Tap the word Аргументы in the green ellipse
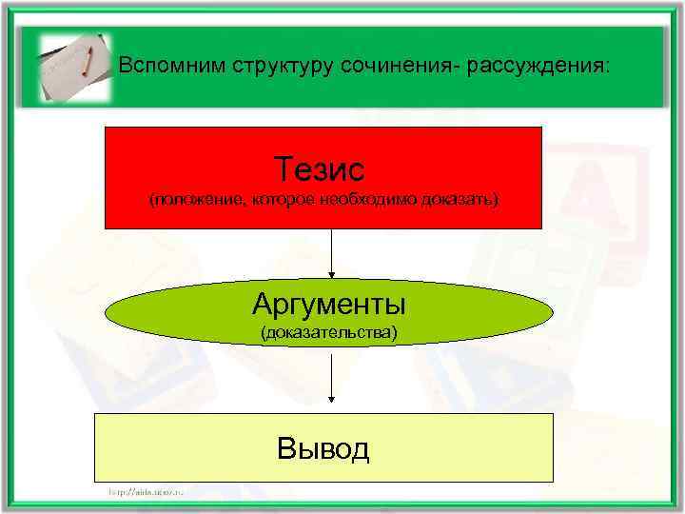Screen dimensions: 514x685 pyautogui.click(x=329, y=305)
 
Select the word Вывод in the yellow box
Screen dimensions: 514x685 pyautogui.click(x=323, y=447)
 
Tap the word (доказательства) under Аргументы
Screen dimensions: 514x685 pyautogui.click(x=329, y=332)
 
